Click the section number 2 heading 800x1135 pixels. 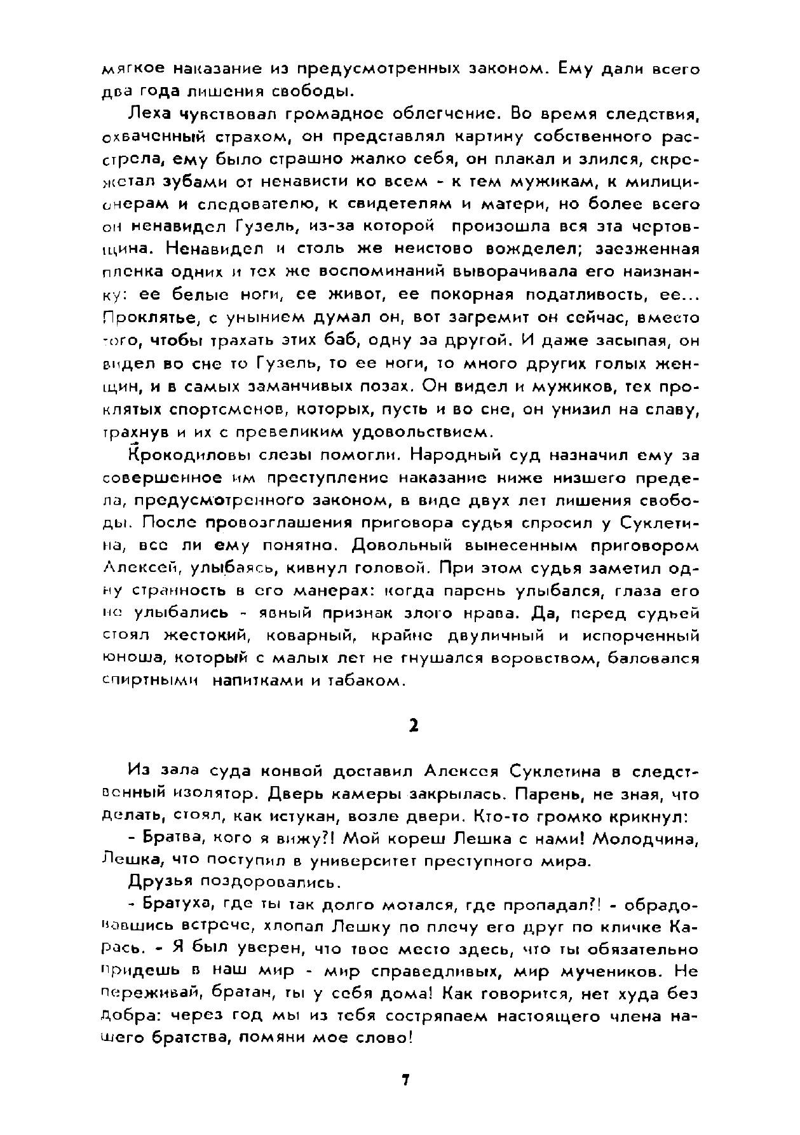413,725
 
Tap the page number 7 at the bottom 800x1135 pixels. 404,1080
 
